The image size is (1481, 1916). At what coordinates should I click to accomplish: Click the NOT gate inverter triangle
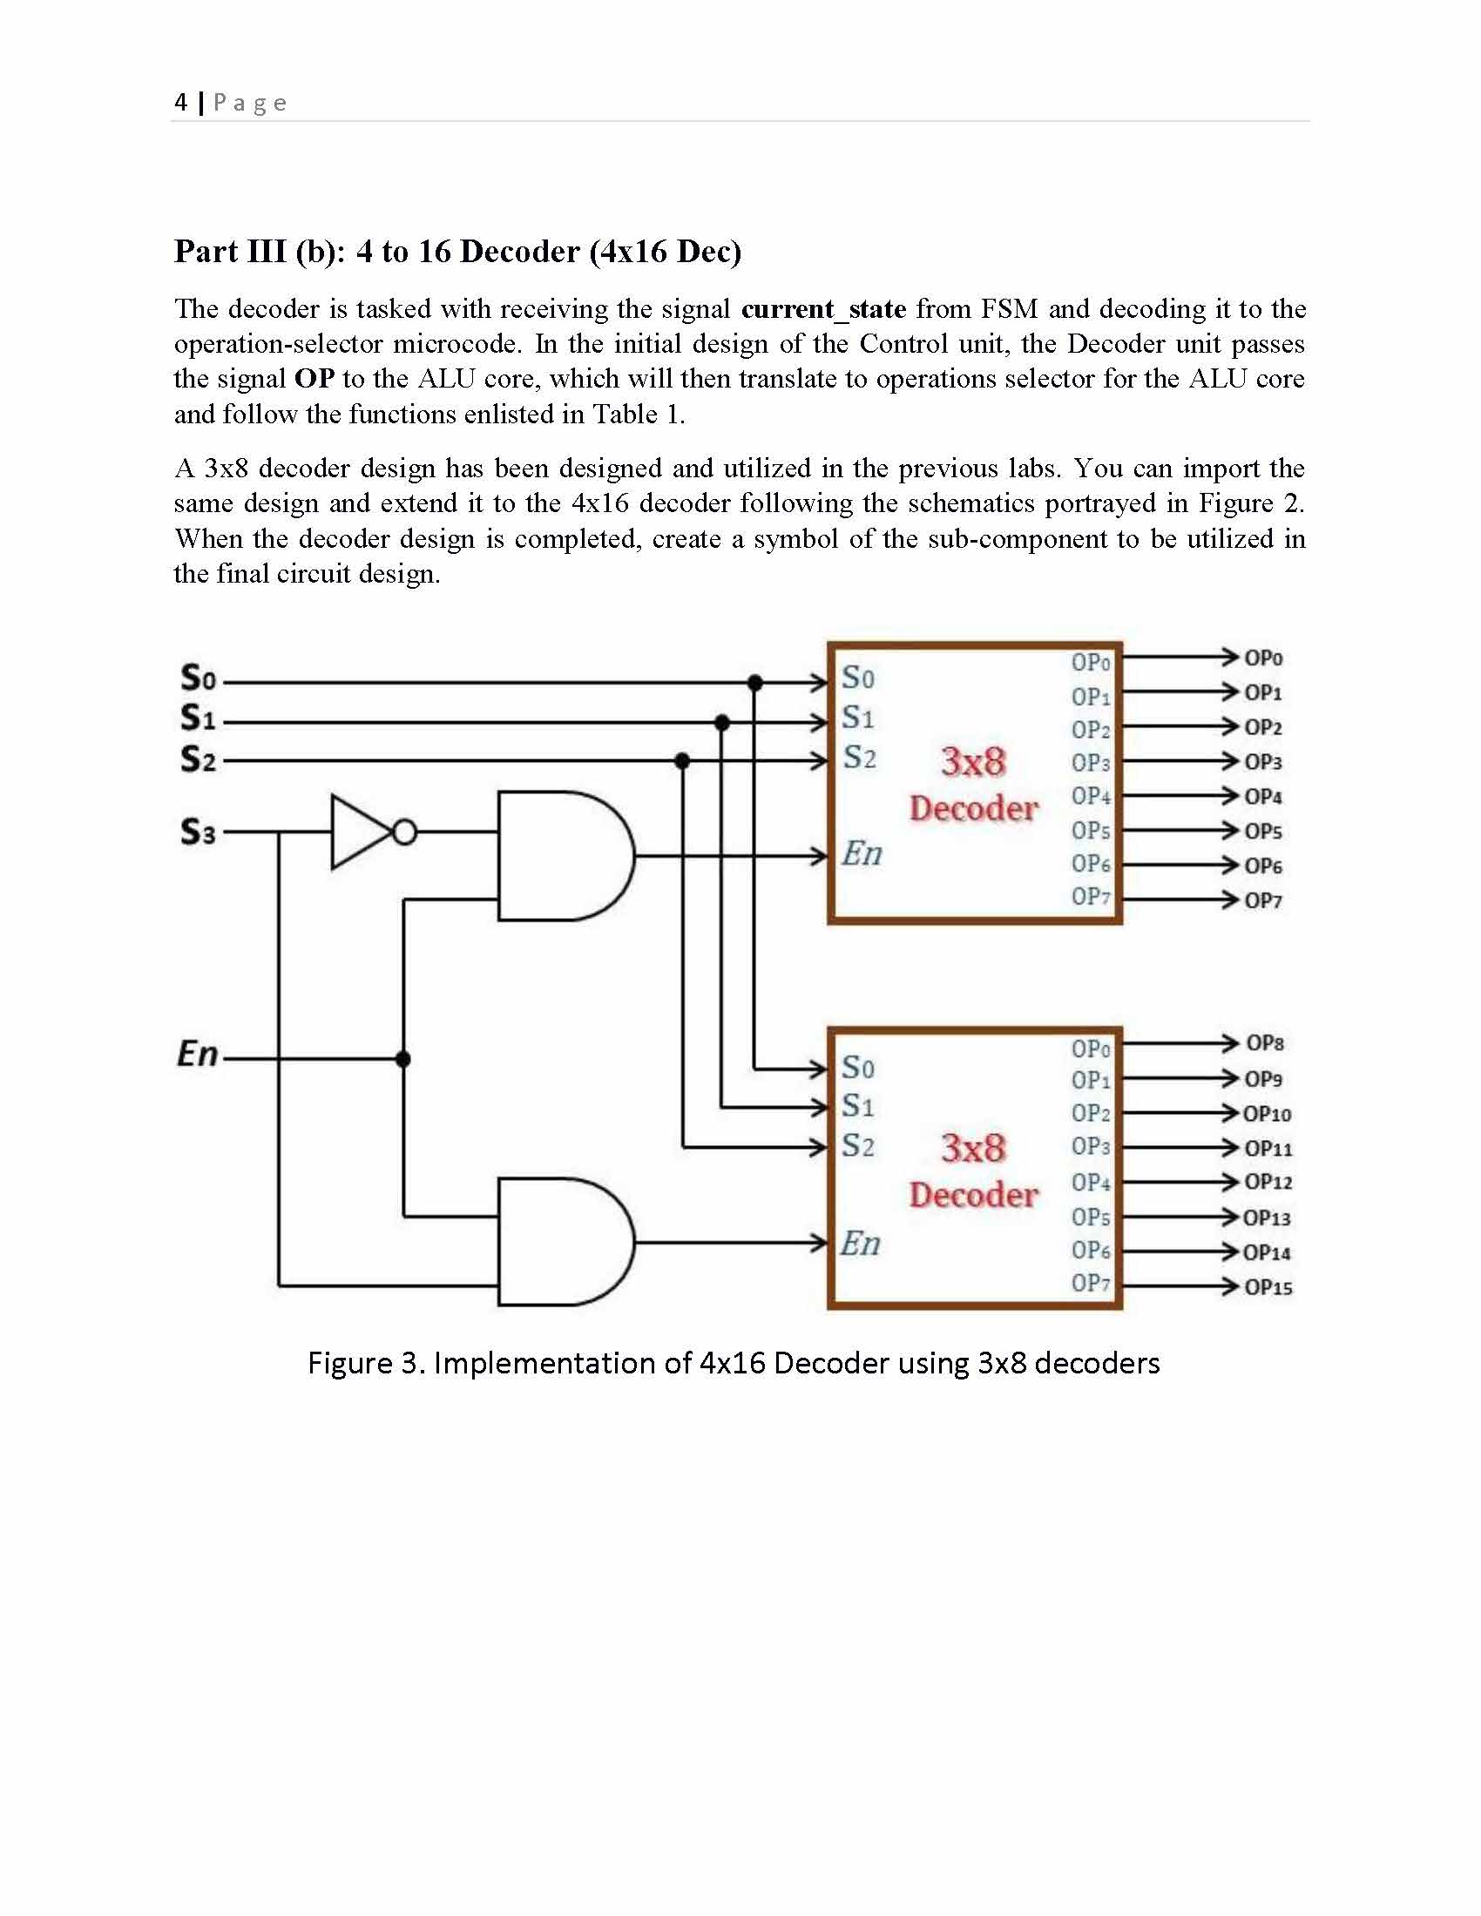358,832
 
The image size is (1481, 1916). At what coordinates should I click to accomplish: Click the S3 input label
198,832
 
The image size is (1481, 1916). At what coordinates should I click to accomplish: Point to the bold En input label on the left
198,1054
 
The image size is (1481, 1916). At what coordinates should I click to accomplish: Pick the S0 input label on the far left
198,678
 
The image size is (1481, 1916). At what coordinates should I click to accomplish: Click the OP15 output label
1268,1287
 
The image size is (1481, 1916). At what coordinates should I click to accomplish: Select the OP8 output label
1264,1043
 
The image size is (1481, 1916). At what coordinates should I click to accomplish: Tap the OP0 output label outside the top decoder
1263,658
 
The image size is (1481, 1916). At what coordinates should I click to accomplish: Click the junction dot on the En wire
402,1059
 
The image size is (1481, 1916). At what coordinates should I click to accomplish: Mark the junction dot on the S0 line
754,683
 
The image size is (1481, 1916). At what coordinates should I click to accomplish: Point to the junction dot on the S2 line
683,761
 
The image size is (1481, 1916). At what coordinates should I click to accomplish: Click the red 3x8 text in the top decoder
973,761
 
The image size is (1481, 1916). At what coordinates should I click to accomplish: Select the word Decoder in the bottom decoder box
973,1195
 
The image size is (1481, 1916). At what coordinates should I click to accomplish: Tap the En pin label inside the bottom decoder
860,1243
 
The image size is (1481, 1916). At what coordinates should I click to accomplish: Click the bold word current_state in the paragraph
823,309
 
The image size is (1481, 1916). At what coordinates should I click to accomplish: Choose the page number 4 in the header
180,103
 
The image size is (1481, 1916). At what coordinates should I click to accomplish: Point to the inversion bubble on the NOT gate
404,832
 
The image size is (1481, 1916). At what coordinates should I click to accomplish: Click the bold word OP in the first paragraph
314,379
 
